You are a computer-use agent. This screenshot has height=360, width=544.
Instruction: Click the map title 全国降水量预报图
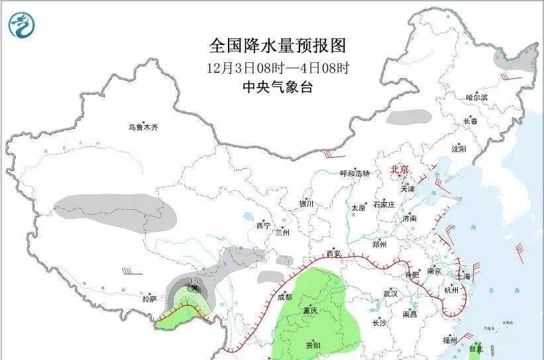pyautogui.click(x=278, y=45)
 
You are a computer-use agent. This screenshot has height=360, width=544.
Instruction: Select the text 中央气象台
pyautogui.click(x=278, y=87)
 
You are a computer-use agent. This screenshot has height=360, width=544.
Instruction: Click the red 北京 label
pyautogui.click(x=400, y=170)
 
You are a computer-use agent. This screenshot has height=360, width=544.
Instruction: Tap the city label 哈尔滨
pyautogui.click(x=476, y=97)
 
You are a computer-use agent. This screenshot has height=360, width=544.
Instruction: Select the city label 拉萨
pyautogui.click(x=149, y=299)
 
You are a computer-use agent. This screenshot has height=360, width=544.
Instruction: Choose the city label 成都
pyautogui.click(x=286, y=296)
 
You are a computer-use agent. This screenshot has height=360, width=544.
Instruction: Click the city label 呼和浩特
pyautogui.click(x=354, y=174)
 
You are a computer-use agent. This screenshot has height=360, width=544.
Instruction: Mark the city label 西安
pyautogui.click(x=333, y=254)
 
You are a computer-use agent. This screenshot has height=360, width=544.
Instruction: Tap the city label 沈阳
pyautogui.click(x=459, y=149)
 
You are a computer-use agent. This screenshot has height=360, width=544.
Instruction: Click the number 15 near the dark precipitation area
pyautogui.click(x=194, y=282)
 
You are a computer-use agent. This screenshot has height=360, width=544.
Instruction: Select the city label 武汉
pyautogui.click(x=390, y=293)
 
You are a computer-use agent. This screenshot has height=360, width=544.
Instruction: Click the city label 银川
pyautogui.click(x=305, y=204)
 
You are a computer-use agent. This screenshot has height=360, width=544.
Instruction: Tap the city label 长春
pyautogui.click(x=470, y=121)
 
